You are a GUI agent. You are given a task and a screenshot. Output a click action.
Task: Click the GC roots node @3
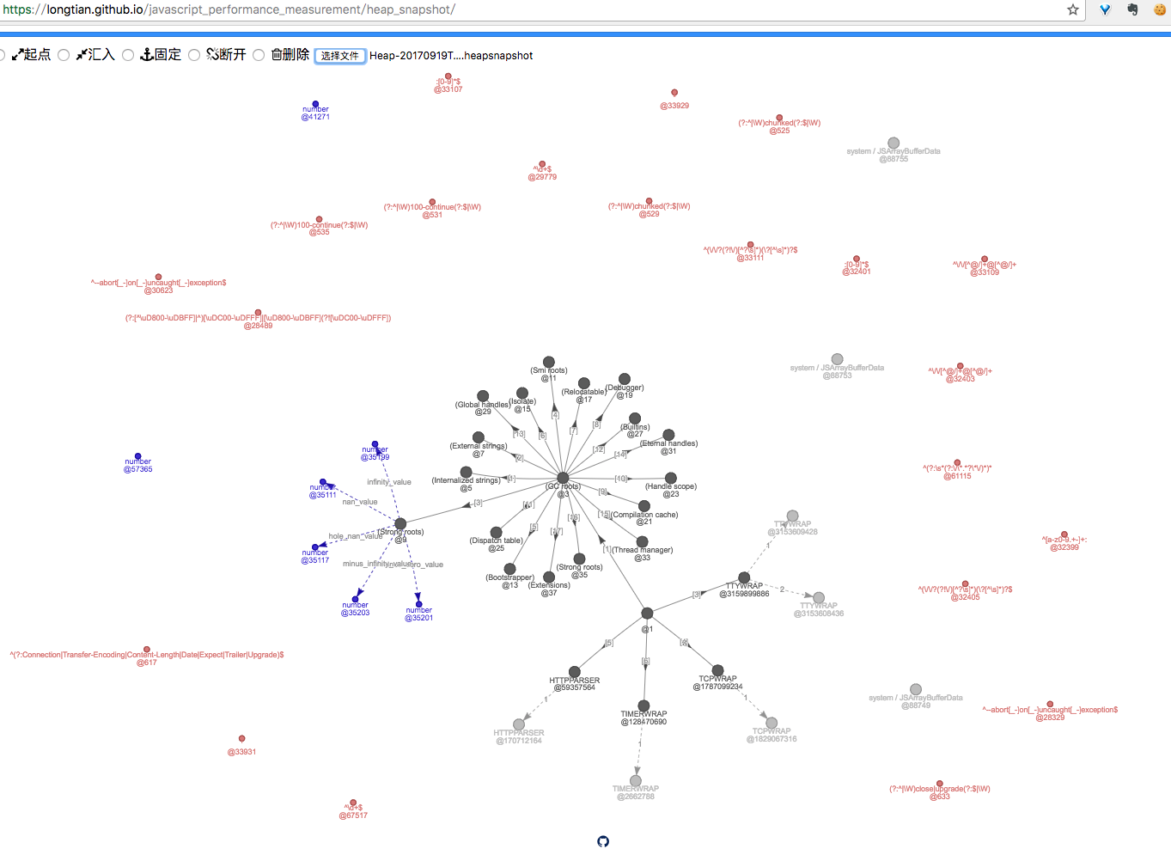[563, 478]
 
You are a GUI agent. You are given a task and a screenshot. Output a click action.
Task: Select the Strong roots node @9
[400, 523]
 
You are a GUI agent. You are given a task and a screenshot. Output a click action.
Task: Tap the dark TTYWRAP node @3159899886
[744, 577]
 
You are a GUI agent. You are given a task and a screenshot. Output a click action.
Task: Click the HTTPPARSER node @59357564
[574, 672]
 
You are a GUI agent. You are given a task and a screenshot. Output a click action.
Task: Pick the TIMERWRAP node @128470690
[643, 705]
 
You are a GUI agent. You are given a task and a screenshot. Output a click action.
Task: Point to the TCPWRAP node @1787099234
[717, 670]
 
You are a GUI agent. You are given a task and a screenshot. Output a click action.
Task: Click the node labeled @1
[647, 614]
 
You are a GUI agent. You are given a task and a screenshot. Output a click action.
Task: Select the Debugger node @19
[625, 379]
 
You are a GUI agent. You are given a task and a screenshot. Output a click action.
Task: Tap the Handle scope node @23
[671, 478]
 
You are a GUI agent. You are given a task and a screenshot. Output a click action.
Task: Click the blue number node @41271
[315, 104]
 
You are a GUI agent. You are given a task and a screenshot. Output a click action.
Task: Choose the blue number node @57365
[137, 456]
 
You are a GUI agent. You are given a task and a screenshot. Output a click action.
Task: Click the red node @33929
[674, 93]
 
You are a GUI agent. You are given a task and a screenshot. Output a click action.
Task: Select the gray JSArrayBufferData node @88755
[893, 143]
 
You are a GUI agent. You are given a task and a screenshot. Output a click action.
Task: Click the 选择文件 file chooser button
[339, 56]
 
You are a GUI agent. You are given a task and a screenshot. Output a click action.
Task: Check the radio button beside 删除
[259, 55]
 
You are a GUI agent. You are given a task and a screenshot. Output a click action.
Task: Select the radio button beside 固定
[128, 55]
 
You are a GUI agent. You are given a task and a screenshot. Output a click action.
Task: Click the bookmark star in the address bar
[1073, 9]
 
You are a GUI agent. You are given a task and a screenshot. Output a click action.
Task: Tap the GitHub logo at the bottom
[603, 841]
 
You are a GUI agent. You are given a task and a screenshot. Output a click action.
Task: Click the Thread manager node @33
[642, 542]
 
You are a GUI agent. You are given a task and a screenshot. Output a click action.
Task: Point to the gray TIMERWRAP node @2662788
[636, 781]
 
